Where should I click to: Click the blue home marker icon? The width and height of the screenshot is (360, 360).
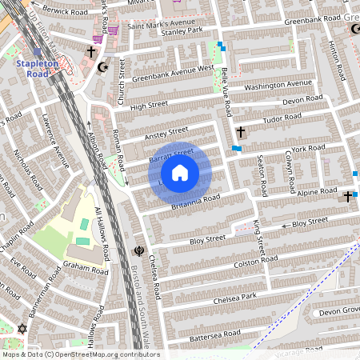(180, 172)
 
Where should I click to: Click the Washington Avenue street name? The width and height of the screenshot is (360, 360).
(278, 85)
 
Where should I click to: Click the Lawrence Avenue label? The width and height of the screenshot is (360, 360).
(56, 143)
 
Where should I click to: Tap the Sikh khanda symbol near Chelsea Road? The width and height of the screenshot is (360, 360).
(140, 250)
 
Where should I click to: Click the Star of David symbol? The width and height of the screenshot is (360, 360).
(22, 330)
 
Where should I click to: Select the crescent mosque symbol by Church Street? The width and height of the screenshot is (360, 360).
(102, 67)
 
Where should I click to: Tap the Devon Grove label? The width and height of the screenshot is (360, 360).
(340, 310)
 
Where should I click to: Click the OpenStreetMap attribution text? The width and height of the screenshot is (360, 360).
(81, 354)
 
